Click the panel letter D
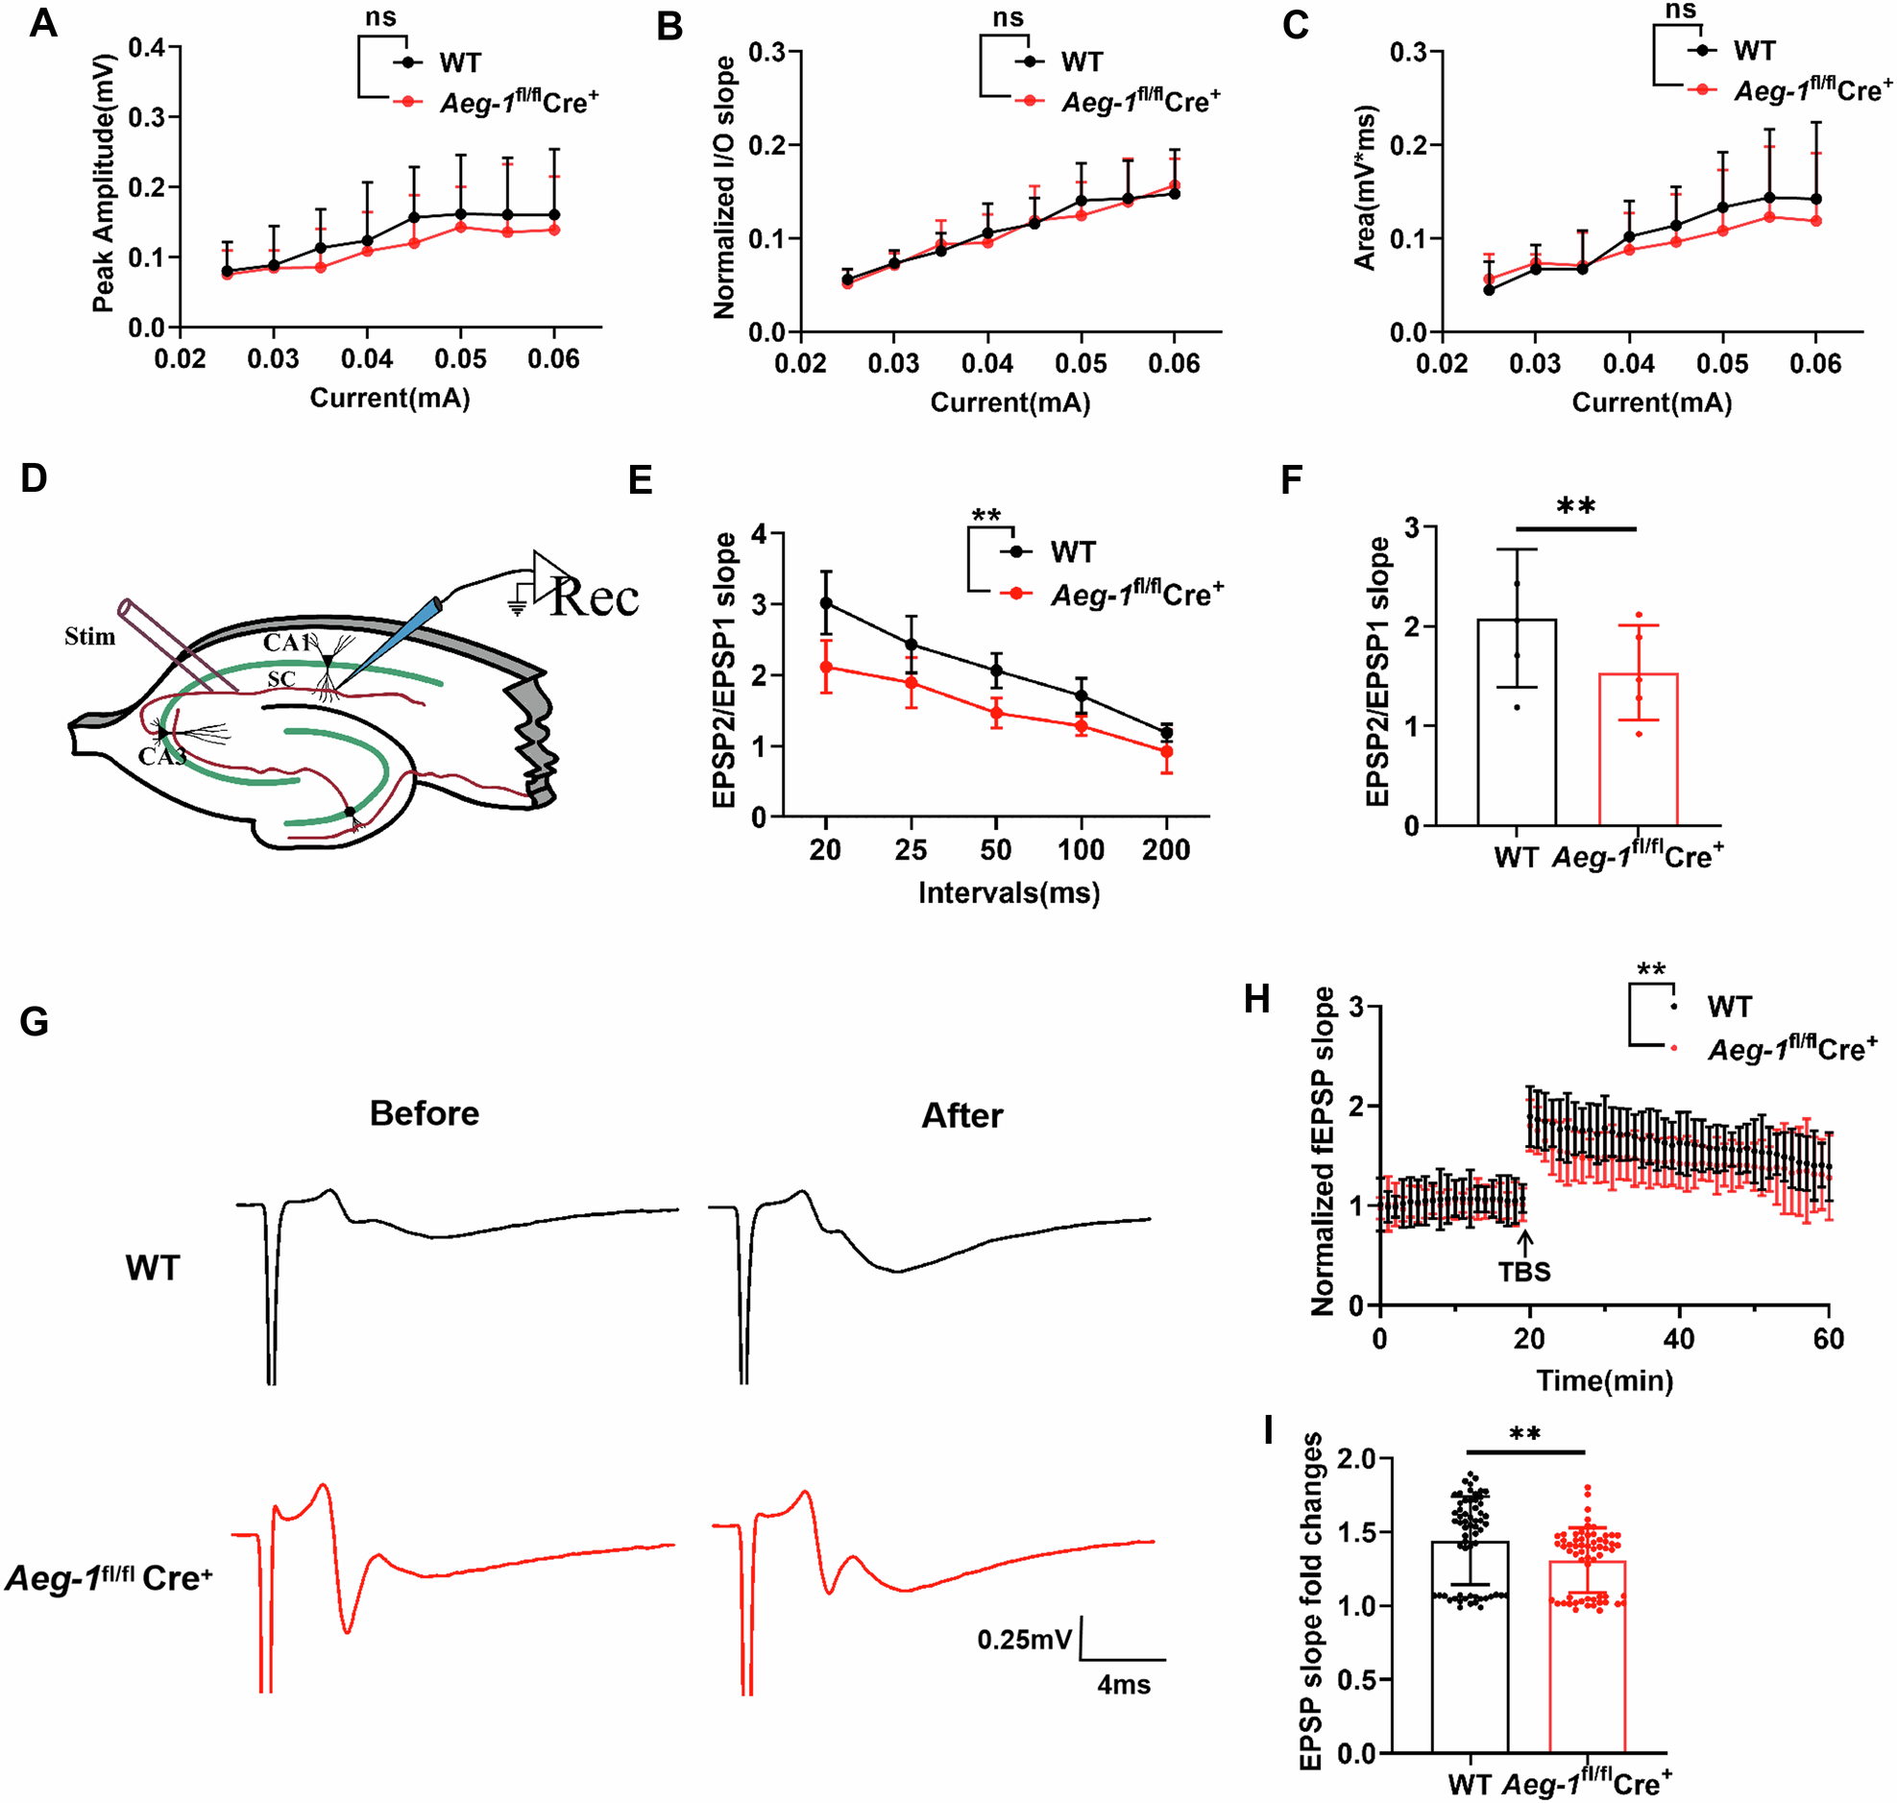34,477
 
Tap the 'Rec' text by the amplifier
595,597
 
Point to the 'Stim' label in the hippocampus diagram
89,636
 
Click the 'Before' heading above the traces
424,1113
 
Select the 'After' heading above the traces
962,1115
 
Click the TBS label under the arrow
1524,1272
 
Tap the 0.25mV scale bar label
1024,1639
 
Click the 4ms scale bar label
1124,1684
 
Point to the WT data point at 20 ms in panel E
825,602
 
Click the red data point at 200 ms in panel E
1167,751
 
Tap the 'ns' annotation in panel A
380,17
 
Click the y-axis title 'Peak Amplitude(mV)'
103,183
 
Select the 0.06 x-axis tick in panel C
1815,363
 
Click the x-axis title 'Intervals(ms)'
1009,892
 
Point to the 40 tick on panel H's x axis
1679,1339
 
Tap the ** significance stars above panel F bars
1575,506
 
